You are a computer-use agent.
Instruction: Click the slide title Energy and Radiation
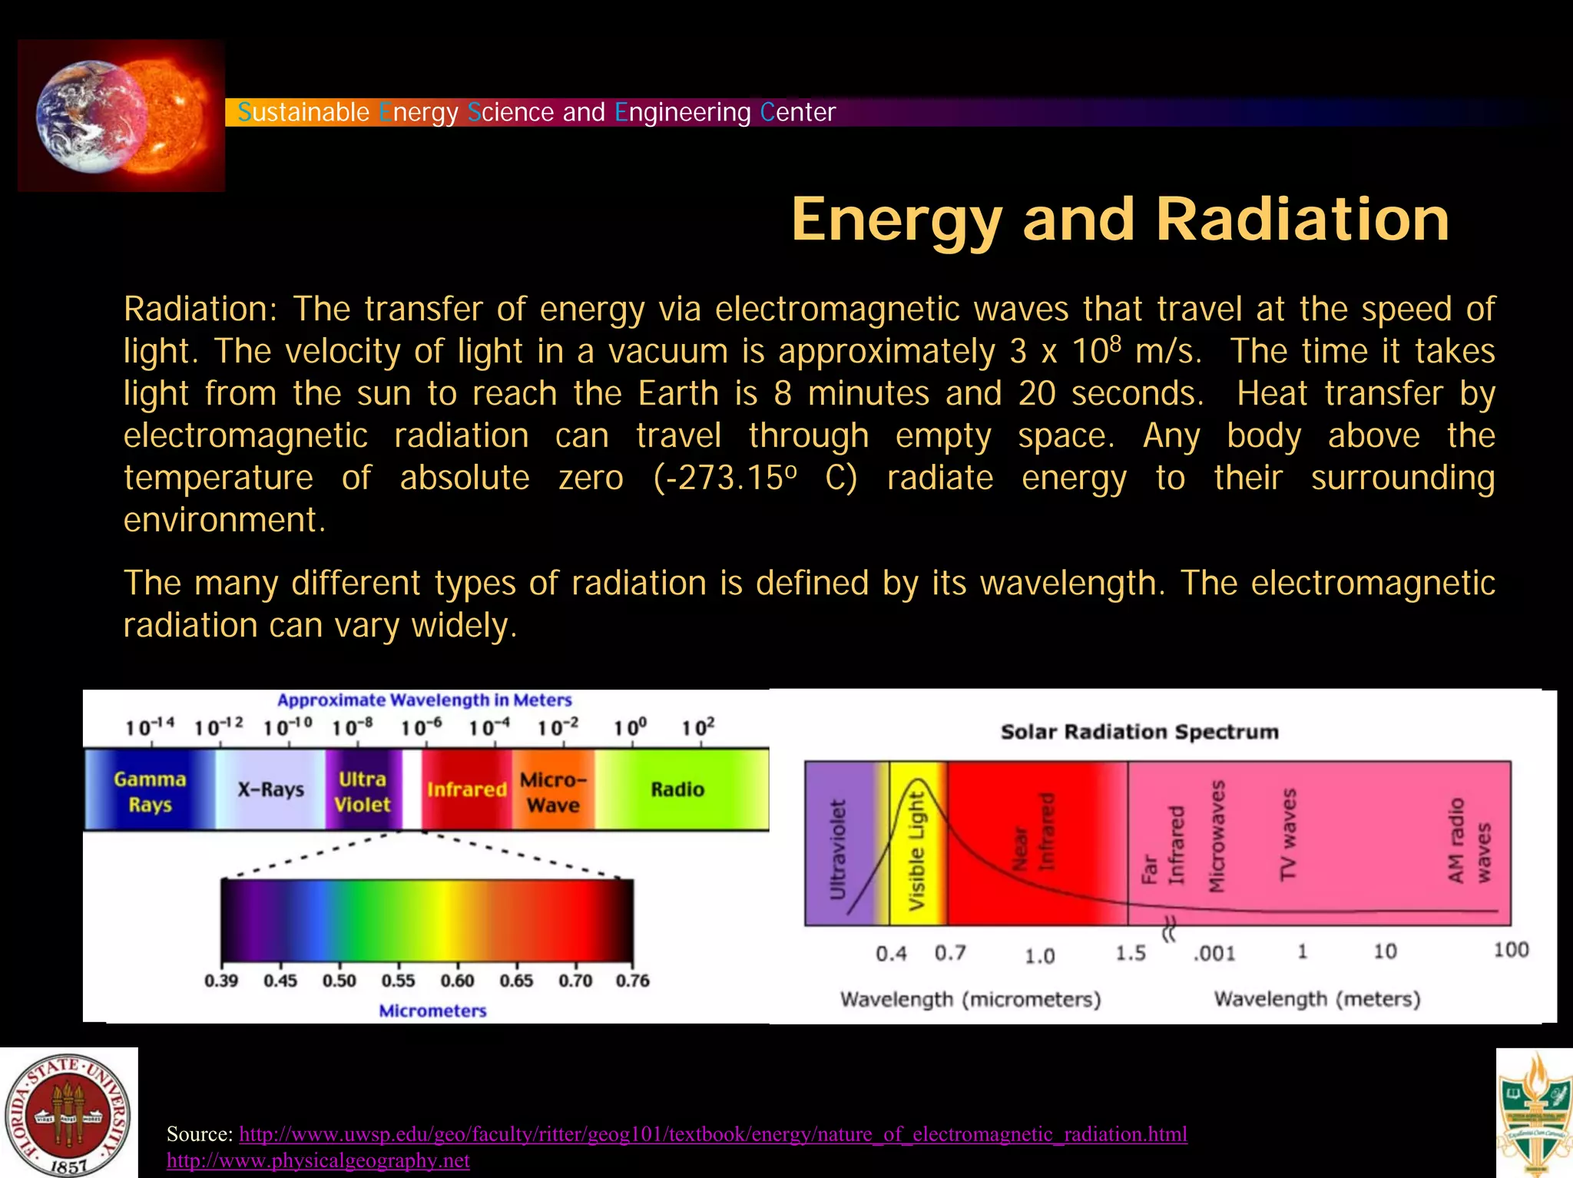pyautogui.click(x=1120, y=220)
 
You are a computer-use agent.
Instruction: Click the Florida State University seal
pyautogui.click(x=69, y=1113)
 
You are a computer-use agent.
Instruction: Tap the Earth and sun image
pyautogui.click(x=121, y=116)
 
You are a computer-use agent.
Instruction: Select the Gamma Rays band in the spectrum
pyautogui.click(x=150, y=792)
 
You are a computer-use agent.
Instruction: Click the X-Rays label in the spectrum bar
pyautogui.click(x=270, y=789)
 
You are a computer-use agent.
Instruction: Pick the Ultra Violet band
pyautogui.click(x=362, y=792)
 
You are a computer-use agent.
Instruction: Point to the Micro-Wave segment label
pyautogui.click(x=553, y=792)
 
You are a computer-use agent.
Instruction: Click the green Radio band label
pyautogui.click(x=677, y=789)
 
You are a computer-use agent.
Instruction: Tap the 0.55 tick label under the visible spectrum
pyautogui.click(x=398, y=981)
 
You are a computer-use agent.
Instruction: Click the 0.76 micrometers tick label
pyautogui.click(x=632, y=981)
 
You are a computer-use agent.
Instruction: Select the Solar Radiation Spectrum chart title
pyautogui.click(x=1140, y=732)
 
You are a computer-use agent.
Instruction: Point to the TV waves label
pyautogui.click(x=1289, y=834)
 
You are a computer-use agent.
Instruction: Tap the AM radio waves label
pyautogui.click(x=1469, y=842)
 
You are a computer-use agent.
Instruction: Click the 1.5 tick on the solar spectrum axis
pyautogui.click(x=1131, y=954)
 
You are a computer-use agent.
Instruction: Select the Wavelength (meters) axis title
pyautogui.click(x=1316, y=999)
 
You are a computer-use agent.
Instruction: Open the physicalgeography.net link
pyautogui.click(x=318, y=1160)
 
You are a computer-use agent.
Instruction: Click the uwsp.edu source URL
pyautogui.click(x=713, y=1134)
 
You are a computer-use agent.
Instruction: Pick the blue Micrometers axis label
pyautogui.click(x=432, y=1011)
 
